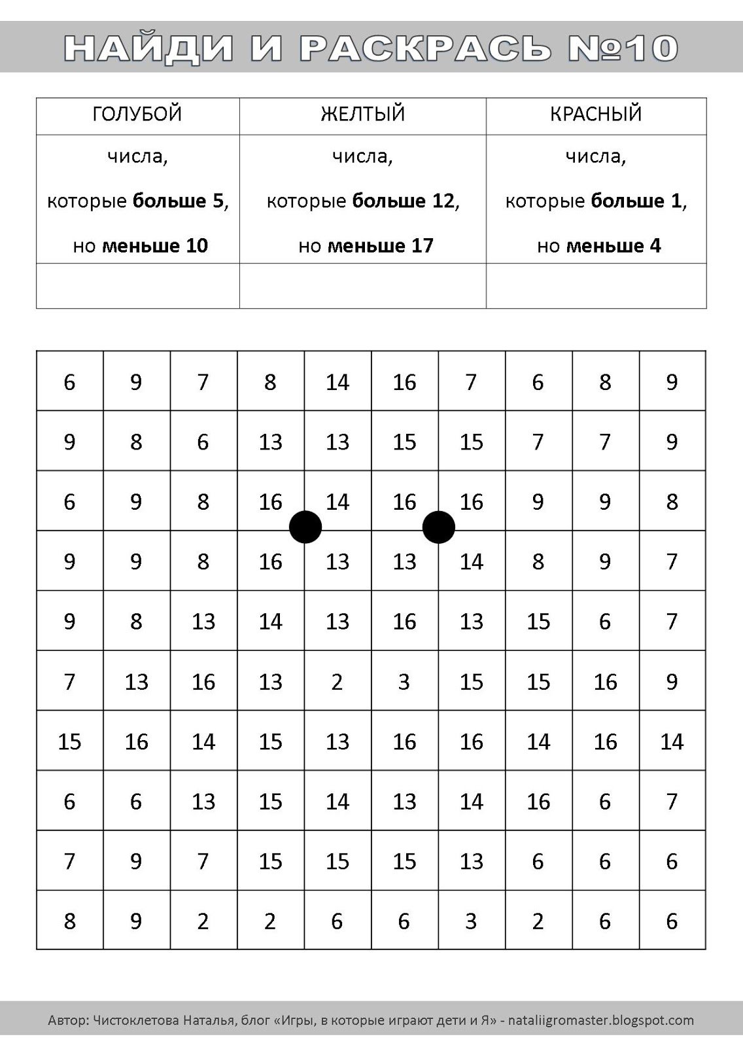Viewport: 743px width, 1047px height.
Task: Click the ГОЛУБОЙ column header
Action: (137, 115)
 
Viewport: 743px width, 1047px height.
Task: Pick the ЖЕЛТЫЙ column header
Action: (362, 115)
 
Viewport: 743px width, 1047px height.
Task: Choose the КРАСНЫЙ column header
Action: (596, 115)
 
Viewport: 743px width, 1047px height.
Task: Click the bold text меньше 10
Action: (155, 246)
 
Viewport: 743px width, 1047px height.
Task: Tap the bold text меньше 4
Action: (613, 246)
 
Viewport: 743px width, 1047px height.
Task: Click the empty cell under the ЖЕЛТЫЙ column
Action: (362, 286)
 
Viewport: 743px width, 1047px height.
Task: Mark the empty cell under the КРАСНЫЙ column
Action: (596, 286)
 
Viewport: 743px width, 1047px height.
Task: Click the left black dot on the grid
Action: (305, 527)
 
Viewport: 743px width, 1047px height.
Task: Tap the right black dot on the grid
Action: (439, 527)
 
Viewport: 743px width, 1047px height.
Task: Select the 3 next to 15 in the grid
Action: (404, 682)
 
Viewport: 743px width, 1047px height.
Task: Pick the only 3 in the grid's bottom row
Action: (471, 921)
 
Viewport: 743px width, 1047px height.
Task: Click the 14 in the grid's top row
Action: (337, 382)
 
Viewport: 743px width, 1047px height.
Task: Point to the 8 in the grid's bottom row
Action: (69, 921)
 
